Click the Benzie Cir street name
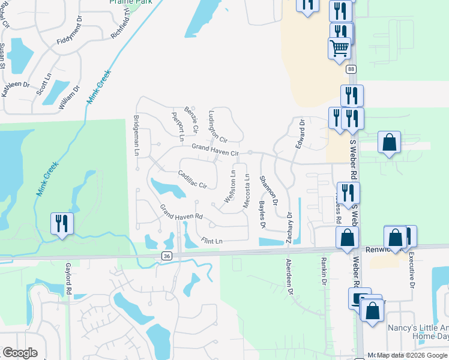pyautogui.click(x=191, y=119)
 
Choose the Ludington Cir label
pyautogui.click(x=217, y=126)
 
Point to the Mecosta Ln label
pyautogui.click(x=246, y=191)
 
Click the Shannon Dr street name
pyautogui.click(x=268, y=188)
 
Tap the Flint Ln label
pyautogui.click(x=212, y=241)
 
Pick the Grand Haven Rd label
pyautogui.click(x=181, y=212)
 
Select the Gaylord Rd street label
pyautogui.click(x=69, y=282)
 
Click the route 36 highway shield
pyautogui.click(x=166, y=256)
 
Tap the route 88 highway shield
pyautogui.click(x=351, y=70)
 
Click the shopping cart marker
pyautogui.click(x=339, y=47)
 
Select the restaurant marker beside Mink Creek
pyautogui.click(x=62, y=223)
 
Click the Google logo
pyautogui.click(x=20, y=353)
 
